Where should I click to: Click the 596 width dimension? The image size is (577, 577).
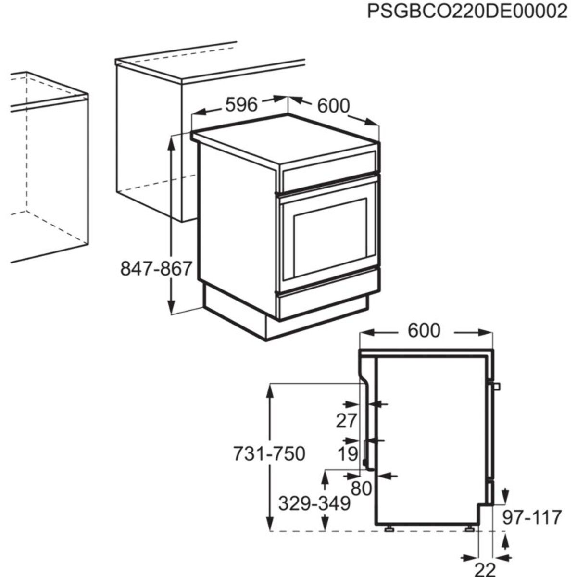(242, 104)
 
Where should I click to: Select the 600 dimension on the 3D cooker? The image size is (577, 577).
(333, 106)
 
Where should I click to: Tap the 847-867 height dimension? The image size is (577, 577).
(156, 269)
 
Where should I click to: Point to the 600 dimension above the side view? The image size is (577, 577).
(424, 331)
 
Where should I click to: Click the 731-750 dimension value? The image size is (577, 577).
(269, 453)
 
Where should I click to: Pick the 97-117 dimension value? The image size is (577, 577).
(532, 517)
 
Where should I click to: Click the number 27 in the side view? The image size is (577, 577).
(346, 421)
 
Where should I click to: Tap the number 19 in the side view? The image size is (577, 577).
(347, 453)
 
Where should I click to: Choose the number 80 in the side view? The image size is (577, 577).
(361, 489)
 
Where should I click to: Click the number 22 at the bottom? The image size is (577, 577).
(485, 569)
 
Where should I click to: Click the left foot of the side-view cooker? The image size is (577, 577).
(388, 528)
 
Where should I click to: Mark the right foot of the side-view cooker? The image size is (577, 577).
(469, 528)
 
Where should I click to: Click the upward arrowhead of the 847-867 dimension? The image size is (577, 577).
(171, 141)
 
